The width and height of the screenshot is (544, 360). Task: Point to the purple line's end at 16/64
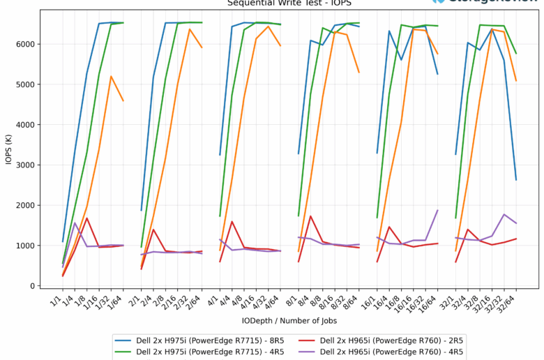(437, 210)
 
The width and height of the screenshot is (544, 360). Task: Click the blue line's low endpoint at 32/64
(516, 180)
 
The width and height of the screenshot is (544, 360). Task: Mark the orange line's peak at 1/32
(111, 76)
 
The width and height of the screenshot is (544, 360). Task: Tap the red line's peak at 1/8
(86, 218)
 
